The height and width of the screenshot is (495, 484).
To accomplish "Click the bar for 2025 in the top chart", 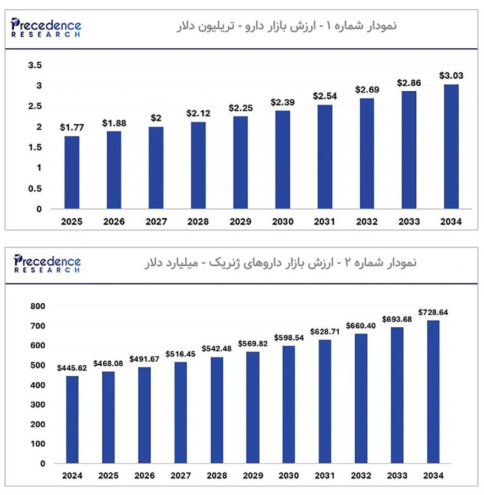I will tap(71, 173).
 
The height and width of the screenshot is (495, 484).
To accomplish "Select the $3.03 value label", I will tap(451, 75).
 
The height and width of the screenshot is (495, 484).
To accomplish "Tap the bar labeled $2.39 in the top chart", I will tap(283, 159).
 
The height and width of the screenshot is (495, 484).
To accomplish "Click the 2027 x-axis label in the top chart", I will tap(156, 222).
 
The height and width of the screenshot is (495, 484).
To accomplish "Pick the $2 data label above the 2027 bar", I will tap(156, 118).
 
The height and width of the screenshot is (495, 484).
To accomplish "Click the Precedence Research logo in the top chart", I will tap(46, 27).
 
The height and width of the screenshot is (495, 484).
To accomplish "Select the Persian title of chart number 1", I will tap(285, 26).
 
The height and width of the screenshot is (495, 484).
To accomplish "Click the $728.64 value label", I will tap(433, 312).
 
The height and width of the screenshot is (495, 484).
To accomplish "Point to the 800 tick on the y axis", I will tap(38, 306).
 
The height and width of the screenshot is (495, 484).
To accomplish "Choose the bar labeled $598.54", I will tap(289, 404).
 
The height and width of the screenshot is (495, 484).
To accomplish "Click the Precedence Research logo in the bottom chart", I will tap(46, 263).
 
